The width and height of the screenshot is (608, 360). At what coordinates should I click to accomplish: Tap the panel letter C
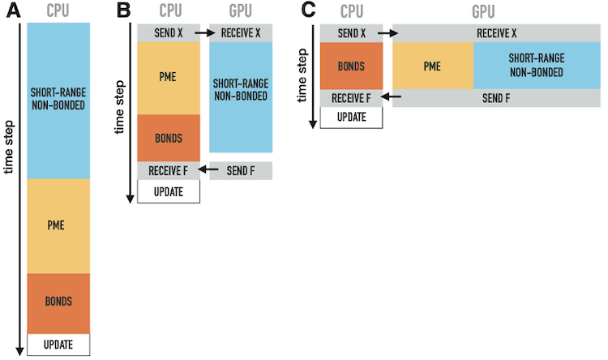coord(308,11)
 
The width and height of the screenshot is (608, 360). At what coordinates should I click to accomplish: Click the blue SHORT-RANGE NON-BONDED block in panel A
coord(58,100)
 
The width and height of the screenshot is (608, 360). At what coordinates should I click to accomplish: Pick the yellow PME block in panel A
coord(58,226)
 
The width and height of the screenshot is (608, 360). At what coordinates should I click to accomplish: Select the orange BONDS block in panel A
coord(58,302)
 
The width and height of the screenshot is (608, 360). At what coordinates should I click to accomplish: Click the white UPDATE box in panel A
coord(58,345)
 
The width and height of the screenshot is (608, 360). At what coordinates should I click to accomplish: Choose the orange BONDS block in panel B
coord(168,138)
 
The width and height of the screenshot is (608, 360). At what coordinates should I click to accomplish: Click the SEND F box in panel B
coord(240,170)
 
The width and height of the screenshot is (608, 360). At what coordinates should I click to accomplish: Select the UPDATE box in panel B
coord(168,192)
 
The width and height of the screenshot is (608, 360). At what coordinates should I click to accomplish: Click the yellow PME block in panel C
coord(432,65)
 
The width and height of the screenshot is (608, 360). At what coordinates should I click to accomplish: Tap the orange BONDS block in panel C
coord(351,65)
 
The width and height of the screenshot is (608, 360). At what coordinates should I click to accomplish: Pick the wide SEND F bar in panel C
coord(496,97)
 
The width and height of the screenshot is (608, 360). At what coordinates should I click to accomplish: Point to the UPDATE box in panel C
coord(351,117)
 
